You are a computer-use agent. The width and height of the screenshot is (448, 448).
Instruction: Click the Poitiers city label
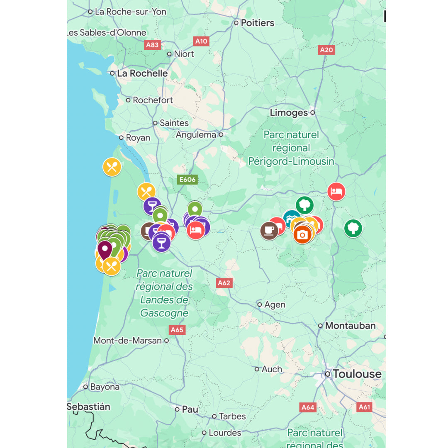click(x=257, y=23)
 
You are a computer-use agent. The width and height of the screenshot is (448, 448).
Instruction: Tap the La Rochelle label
click(x=142, y=73)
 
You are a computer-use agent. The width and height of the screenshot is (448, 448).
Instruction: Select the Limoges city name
click(x=289, y=112)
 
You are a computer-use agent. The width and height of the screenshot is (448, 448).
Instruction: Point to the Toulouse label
click(x=357, y=374)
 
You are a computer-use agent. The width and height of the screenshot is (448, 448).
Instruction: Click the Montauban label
click(x=350, y=326)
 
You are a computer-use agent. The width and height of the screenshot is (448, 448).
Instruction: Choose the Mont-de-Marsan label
click(x=127, y=341)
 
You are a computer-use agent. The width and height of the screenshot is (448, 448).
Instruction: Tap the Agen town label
click(x=275, y=304)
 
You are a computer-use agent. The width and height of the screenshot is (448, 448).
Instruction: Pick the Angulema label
click(x=196, y=135)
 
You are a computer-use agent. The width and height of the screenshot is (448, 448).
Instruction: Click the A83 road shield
click(x=152, y=45)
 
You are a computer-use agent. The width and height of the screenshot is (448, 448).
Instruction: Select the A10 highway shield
click(x=201, y=41)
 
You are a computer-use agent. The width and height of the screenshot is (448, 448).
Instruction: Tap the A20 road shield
click(x=326, y=50)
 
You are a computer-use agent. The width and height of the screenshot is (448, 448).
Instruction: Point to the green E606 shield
click(x=187, y=180)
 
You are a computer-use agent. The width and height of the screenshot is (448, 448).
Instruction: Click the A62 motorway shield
click(x=224, y=283)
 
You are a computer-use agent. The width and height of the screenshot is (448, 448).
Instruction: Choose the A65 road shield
click(x=177, y=330)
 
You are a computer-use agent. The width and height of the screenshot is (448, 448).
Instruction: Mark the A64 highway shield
click(x=308, y=407)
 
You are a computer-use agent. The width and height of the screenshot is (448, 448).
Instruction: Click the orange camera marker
click(x=302, y=235)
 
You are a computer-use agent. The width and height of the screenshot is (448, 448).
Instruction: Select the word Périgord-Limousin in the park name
click(x=291, y=161)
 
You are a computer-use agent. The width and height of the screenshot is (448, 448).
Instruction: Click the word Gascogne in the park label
click(x=164, y=313)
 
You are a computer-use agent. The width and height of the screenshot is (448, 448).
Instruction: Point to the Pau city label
click(x=190, y=409)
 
